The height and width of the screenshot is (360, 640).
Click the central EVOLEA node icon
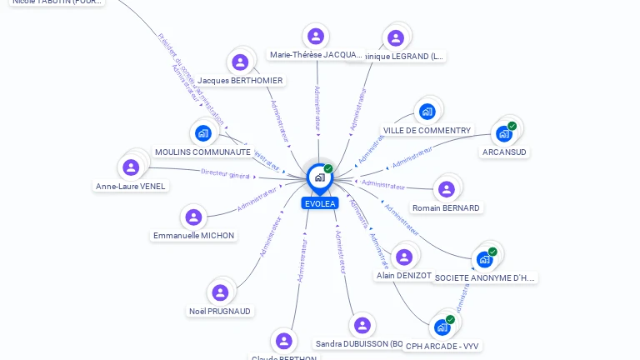click(319, 177)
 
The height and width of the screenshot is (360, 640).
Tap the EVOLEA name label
click(320, 203)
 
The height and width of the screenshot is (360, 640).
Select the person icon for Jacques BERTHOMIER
click(240, 62)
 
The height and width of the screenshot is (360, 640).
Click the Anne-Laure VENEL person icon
click(131, 167)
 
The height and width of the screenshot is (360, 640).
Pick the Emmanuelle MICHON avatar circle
click(193, 217)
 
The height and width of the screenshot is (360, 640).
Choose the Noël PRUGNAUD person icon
click(220, 292)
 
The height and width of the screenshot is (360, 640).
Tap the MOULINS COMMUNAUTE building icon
click(202, 133)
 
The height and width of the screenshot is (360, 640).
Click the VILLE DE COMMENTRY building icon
click(427, 112)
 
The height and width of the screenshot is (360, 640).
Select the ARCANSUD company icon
click(503, 133)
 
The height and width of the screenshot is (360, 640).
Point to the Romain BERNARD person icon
click(446, 189)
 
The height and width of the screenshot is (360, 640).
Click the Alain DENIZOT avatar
click(403, 257)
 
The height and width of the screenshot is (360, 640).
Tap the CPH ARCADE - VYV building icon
click(442, 327)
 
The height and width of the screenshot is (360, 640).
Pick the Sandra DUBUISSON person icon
click(362, 325)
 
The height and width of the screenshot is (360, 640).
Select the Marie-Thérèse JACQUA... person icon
click(315, 37)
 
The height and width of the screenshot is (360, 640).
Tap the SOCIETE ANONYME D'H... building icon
click(484, 259)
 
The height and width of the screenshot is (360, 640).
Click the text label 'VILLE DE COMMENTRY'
click(427, 131)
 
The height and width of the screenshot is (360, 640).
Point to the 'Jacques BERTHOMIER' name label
click(240, 81)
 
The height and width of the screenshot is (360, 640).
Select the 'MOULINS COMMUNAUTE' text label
click(202, 152)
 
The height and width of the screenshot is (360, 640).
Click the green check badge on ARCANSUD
click(512, 126)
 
